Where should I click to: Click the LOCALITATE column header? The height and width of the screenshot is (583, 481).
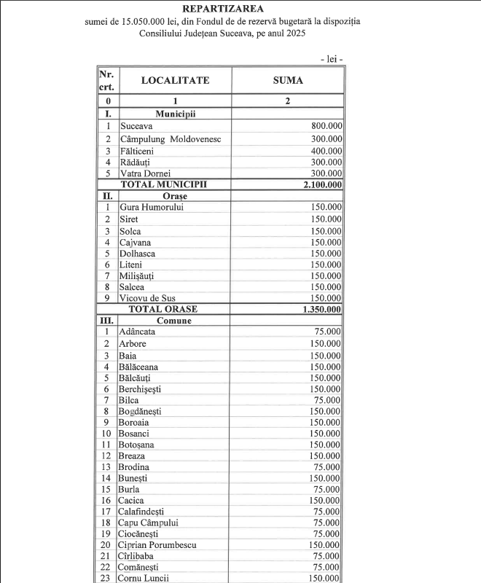pyautogui.click(x=175, y=80)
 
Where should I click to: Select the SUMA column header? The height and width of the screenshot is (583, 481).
pyautogui.click(x=288, y=80)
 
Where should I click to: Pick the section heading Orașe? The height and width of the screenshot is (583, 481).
pyautogui.click(x=175, y=196)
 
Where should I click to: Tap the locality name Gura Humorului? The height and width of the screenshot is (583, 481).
pyautogui.click(x=152, y=208)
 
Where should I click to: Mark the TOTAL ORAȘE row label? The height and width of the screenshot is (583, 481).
pyautogui.click(x=163, y=309)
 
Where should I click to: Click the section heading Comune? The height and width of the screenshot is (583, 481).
pyautogui.click(x=174, y=321)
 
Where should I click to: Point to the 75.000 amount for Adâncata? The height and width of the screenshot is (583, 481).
pyautogui.click(x=327, y=332)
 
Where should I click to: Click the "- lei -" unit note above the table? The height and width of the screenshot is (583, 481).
pyautogui.click(x=332, y=58)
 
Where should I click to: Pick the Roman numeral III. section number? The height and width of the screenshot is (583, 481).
pyautogui.click(x=107, y=321)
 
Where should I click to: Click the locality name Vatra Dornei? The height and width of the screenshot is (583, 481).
pyautogui.click(x=146, y=173)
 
